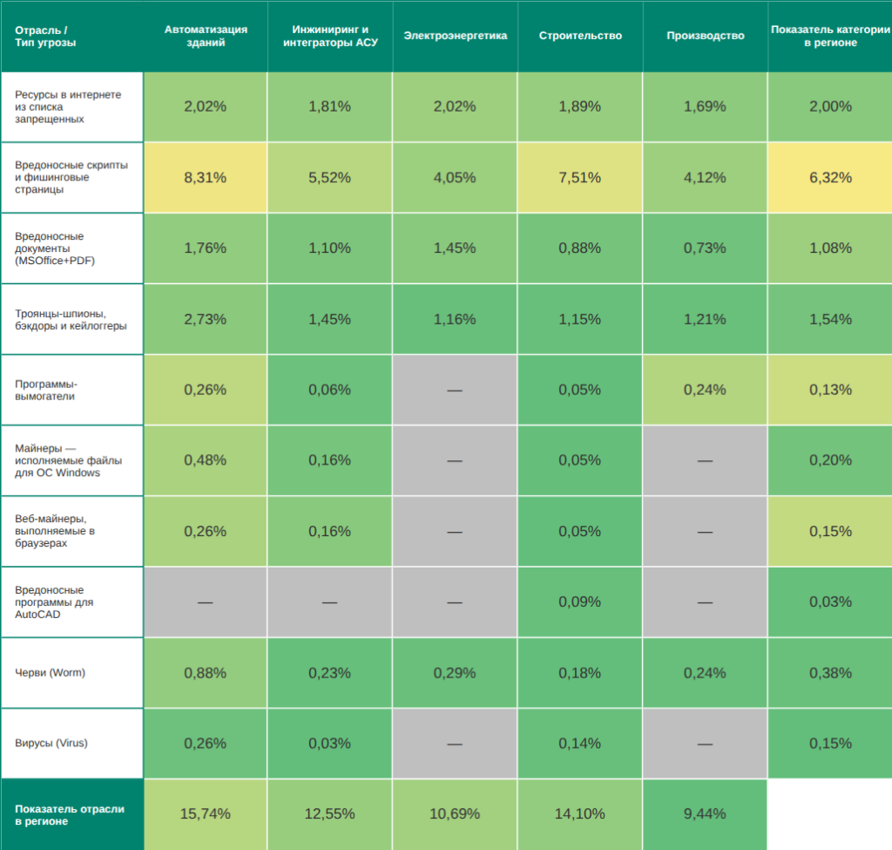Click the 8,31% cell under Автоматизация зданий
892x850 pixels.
pyautogui.click(x=205, y=178)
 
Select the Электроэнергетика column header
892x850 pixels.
pyautogui.click(x=455, y=36)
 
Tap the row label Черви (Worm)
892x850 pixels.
pyautogui.click(x=50, y=673)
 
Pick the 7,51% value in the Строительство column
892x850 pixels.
pyautogui.click(x=579, y=178)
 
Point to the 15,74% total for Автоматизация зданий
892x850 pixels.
pyautogui.click(x=205, y=814)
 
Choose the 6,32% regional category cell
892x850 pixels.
pyautogui.click(x=830, y=178)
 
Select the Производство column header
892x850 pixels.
pyautogui.click(x=705, y=36)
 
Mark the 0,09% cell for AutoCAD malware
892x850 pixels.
pyautogui.click(x=579, y=602)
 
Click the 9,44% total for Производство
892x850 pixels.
pyautogui.click(x=705, y=814)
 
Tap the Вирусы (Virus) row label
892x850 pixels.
pyautogui.click(x=51, y=744)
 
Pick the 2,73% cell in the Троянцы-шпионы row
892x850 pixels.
pyautogui.click(x=205, y=319)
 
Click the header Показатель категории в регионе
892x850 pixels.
pyautogui.click(x=830, y=36)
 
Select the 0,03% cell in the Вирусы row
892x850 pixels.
pyautogui.click(x=329, y=744)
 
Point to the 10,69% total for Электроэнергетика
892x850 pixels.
pyautogui.click(x=455, y=814)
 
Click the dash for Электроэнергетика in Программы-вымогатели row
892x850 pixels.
pyautogui.click(x=455, y=390)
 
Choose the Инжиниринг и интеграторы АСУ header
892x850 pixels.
pyautogui.click(x=329, y=36)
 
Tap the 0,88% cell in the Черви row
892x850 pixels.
pyautogui.click(x=205, y=673)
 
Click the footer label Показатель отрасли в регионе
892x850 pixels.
pyautogui.click(x=70, y=815)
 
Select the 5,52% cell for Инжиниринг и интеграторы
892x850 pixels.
pyautogui.click(x=329, y=178)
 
